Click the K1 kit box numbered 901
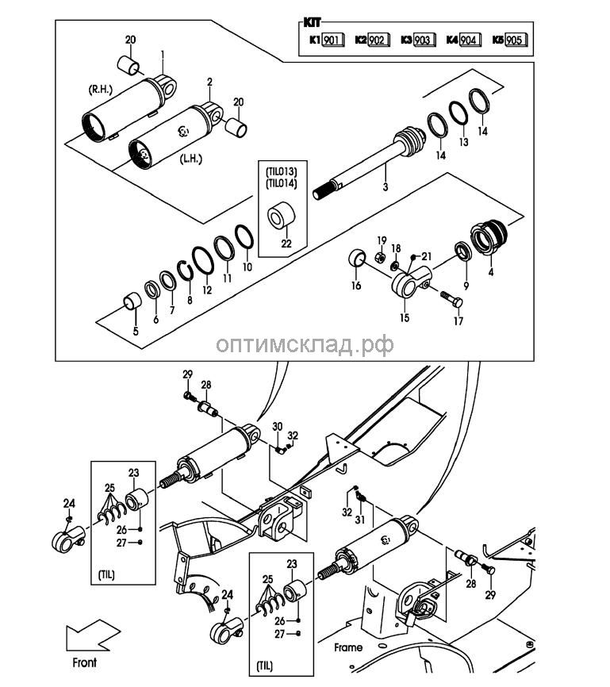point(332,39)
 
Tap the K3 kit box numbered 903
point(424,39)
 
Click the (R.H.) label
point(101,90)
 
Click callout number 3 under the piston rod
point(384,186)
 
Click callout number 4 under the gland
point(490,272)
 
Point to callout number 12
point(207,290)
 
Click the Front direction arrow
point(90,636)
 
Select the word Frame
point(347,647)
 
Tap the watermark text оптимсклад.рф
point(305,343)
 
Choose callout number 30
point(277,428)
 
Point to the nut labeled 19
point(379,256)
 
